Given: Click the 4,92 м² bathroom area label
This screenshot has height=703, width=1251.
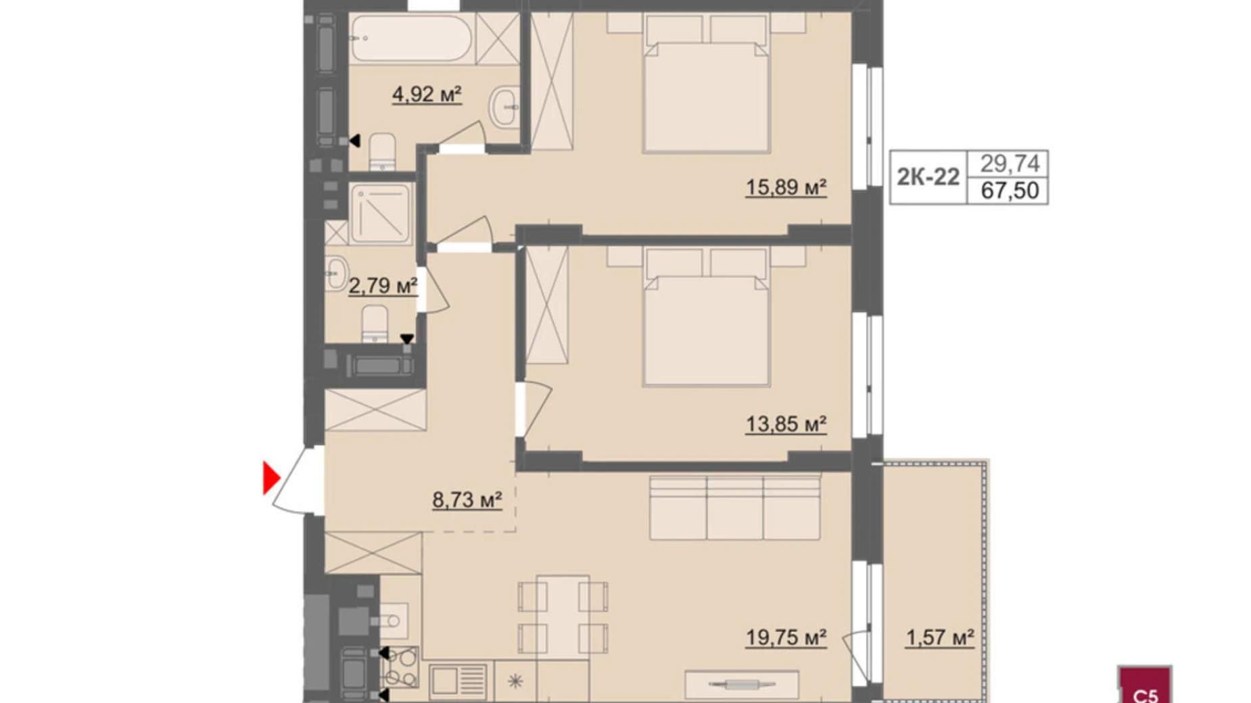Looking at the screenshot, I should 426,94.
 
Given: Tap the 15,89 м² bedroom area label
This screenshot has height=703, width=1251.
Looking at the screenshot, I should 786,187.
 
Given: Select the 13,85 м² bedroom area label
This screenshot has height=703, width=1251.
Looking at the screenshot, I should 786,424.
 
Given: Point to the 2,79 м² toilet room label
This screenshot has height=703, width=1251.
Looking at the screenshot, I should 382,286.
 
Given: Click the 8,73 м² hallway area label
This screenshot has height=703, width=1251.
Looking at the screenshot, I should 467,500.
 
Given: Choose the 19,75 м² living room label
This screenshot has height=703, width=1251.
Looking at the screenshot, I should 786,637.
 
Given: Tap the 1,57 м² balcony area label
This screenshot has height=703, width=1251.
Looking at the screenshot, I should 939,637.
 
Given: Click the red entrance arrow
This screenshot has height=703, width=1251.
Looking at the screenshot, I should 270,478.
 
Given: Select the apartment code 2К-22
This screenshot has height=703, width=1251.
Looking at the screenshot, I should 928,177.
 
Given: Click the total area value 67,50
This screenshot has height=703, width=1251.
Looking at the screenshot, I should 1009,191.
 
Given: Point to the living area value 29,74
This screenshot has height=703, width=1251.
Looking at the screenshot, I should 1009,163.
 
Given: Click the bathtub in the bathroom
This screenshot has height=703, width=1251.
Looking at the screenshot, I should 411,39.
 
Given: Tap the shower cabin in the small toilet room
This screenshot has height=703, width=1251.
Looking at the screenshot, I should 381,214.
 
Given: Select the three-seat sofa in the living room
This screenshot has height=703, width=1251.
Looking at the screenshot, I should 734,508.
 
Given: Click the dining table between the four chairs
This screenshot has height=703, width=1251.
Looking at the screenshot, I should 563,616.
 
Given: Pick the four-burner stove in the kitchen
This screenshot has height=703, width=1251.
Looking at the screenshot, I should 400,667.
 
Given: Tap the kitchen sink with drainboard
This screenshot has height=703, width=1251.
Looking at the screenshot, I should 458,681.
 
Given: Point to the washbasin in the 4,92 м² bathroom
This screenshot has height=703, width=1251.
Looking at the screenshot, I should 504,107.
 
